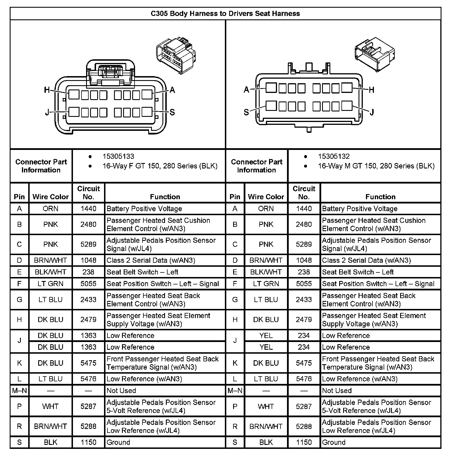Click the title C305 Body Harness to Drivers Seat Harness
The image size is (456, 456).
(x=225, y=13)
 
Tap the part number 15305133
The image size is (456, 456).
(x=118, y=156)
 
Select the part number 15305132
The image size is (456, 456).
(x=334, y=156)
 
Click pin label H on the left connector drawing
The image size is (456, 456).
(x=47, y=90)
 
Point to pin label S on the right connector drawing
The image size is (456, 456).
(x=246, y=112)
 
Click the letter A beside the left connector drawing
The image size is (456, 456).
(x=172, y=90)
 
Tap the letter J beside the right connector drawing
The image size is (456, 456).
(x=372, y=112)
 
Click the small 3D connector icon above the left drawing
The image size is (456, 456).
(x=176, y=55)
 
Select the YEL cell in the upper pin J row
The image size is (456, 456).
(x=266, y=335)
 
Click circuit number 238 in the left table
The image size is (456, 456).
(x=88, y=272)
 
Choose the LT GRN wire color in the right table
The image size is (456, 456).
(x=266, y=284)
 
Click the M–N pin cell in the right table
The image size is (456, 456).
(x=235, y=390)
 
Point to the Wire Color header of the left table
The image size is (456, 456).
(x=50, y=197)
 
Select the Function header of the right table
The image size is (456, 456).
(x=380, y=197)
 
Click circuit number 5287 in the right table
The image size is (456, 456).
(x=304, y=406)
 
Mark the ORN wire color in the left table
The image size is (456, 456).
(x=50, y=209)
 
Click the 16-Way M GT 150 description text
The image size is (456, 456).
(x=376, y=166)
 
